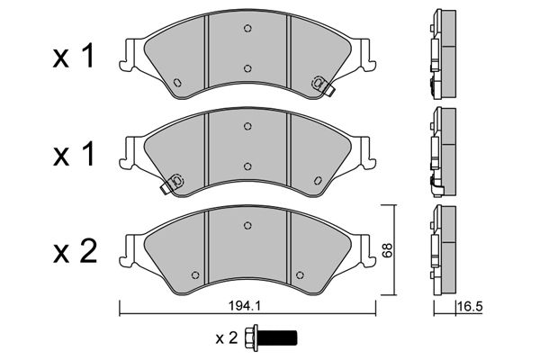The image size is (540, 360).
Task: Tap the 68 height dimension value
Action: tap(387, 250)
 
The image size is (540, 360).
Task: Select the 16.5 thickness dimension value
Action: tap(471, 306)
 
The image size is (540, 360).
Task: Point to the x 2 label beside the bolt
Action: tap(227, 338)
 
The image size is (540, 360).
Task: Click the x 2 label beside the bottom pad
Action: tap(75, 253)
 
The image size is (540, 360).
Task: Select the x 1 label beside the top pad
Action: tap(73, 57)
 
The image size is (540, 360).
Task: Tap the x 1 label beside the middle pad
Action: tap(73, 154)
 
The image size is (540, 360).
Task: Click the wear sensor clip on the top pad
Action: tap(322, 85)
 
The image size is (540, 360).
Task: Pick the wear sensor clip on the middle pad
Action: tap(173, 183)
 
